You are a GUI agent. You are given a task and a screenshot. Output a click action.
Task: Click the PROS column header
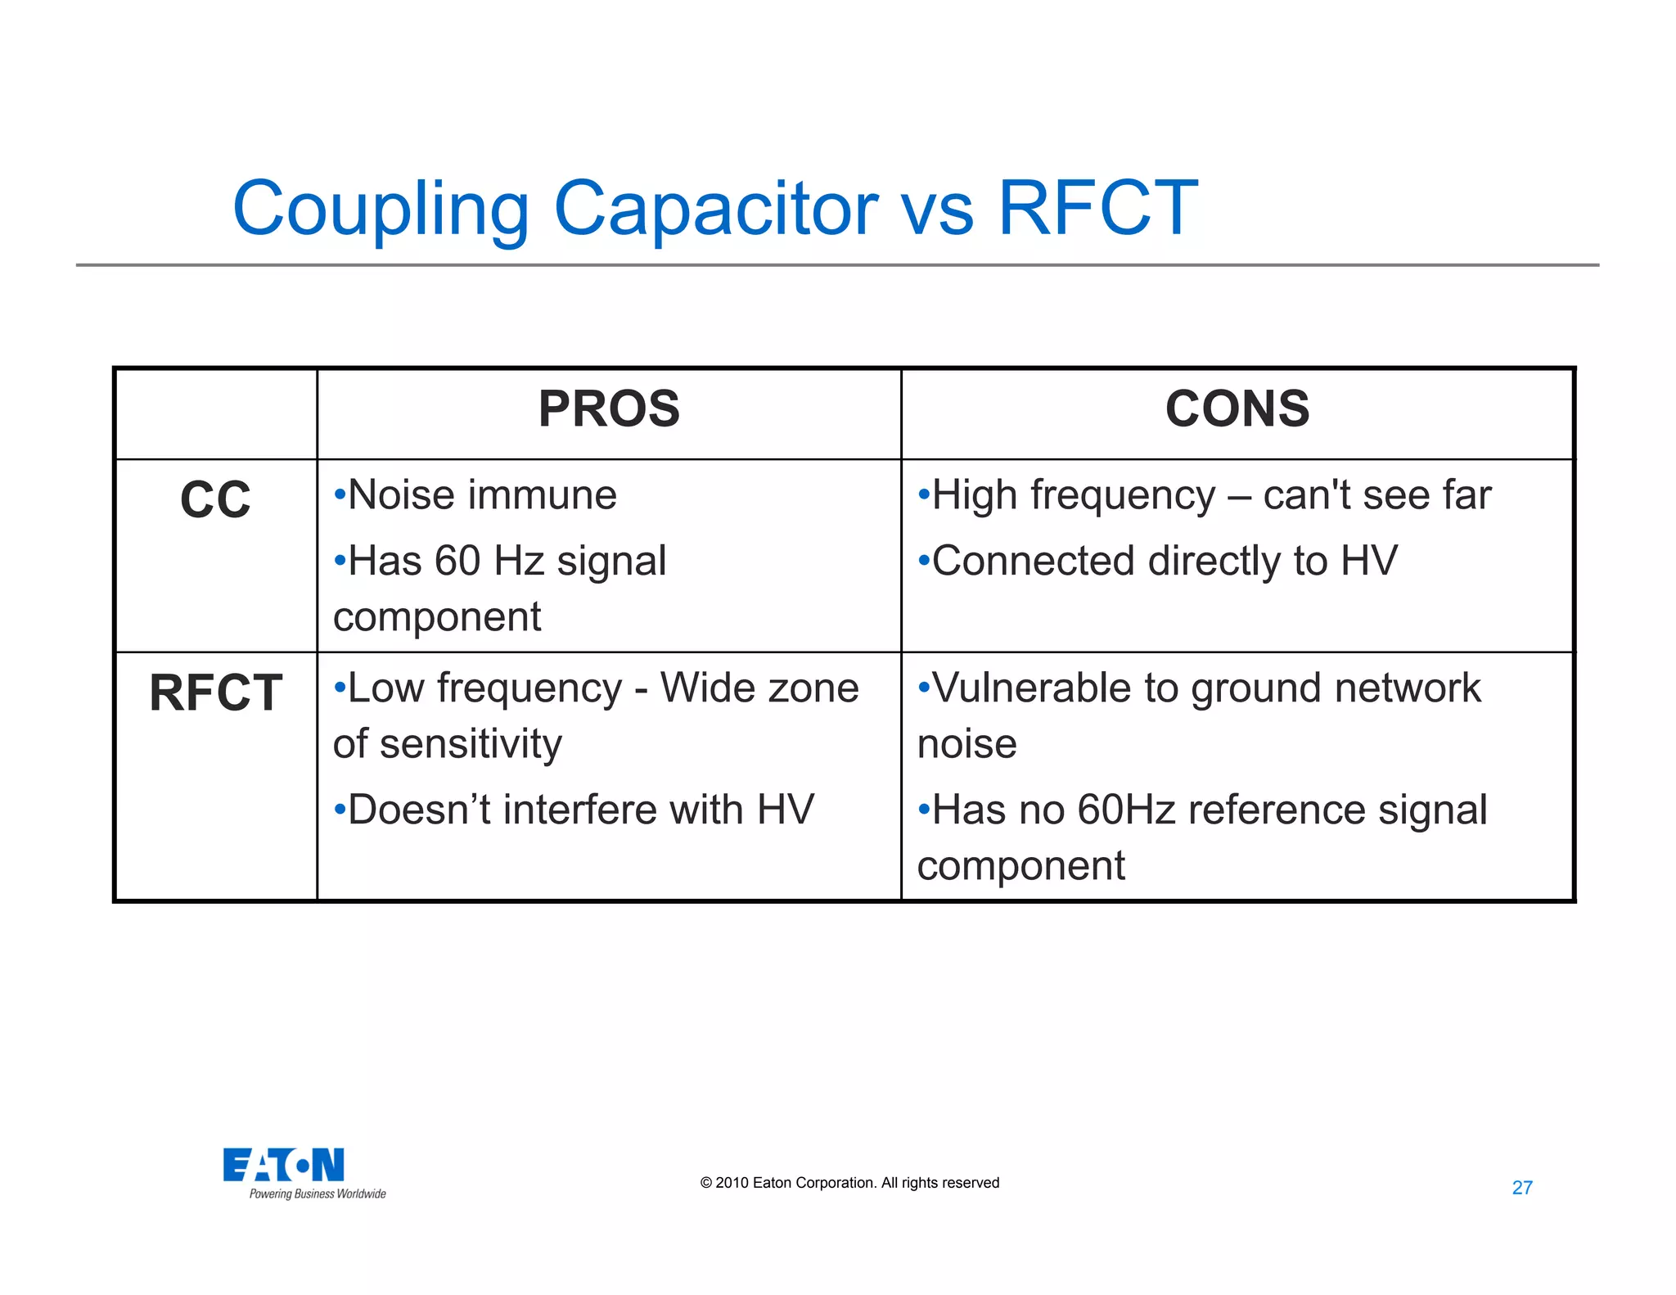tap(609, 408)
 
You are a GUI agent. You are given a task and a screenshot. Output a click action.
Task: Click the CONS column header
tap(1237, 408)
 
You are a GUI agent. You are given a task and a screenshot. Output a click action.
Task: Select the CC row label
tap(215, 499)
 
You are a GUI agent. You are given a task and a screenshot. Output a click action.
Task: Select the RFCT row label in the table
tap(215, 693)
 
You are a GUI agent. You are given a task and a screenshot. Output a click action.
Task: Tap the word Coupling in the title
tap(381, 210)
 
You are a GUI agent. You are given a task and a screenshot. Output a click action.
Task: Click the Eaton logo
tap(283, 1165)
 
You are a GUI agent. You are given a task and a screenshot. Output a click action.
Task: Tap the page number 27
tap(1522, 1188)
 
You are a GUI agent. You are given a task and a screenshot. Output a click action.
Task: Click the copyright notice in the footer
tap(849, 1183)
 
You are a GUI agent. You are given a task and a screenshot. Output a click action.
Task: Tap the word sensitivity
tap(471, 744)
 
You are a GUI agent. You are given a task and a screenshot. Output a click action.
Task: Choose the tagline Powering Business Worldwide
tap(318, 1194)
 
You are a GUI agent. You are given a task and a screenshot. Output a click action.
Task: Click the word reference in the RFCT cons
tap(1277, 810)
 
